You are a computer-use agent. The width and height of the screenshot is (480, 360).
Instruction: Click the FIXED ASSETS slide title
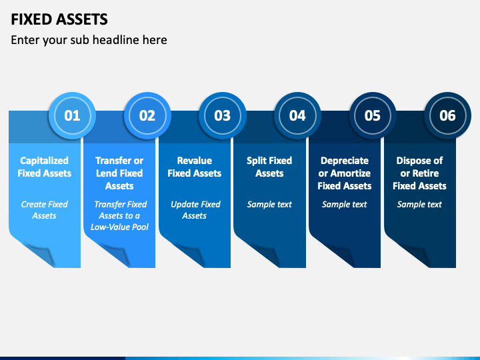[59, 19]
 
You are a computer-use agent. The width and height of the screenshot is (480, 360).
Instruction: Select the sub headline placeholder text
[89, 40]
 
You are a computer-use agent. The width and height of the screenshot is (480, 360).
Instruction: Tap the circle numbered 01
[72, 115]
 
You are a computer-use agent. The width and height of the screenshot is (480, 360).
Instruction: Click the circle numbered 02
[147, 115]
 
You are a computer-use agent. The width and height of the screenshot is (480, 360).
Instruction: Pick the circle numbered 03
[222, 115]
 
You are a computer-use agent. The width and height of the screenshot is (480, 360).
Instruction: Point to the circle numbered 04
[297, 115]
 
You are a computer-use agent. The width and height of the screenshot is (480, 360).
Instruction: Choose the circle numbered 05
[372, 115]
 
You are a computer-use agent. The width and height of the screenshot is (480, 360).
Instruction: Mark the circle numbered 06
[447, 115]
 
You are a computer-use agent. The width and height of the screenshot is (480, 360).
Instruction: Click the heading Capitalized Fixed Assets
[45, 167]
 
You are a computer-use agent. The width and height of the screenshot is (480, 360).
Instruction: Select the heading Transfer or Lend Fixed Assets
[119, 173]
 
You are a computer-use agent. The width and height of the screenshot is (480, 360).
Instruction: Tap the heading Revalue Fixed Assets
[195, 167]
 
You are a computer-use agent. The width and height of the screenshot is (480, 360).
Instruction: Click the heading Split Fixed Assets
[269, 167]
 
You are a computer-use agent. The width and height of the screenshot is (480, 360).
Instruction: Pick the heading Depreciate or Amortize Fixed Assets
[345, 173]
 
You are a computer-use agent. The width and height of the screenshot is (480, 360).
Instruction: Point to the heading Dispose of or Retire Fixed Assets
[419, 173]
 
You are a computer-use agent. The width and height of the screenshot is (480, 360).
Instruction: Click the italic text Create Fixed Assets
[45, 210]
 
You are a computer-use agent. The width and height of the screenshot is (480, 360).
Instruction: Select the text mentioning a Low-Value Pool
[119, 215]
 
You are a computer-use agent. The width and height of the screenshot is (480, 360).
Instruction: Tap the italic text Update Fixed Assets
[195, 210]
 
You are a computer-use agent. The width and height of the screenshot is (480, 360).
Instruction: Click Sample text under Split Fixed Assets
[269, 205]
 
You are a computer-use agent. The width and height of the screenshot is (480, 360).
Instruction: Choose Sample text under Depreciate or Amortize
[345, 205]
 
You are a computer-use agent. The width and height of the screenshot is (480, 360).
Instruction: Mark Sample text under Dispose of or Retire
[419, 205]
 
